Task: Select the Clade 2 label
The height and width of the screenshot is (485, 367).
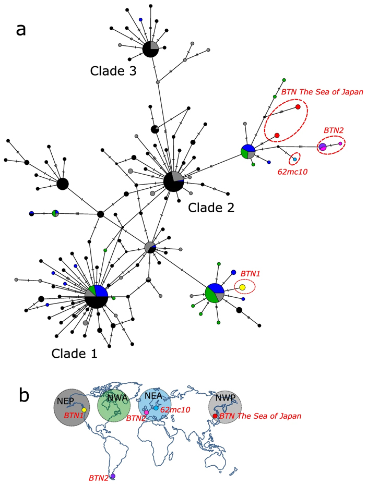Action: click(211, 208)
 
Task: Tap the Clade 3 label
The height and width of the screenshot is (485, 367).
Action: click(113, 71)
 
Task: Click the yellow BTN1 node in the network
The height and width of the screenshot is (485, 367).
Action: click(243, 287)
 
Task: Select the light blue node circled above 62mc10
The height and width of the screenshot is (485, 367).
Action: click(295, 159)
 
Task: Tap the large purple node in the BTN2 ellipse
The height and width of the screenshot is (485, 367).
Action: click(323, 147)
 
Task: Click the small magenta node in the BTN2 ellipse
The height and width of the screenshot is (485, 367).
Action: click(340, 143)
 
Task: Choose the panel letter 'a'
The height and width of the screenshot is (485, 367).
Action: click(21, 29)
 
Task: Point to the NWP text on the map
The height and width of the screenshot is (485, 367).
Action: click(226, 399)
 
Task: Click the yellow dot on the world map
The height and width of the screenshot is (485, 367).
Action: click(84, 410)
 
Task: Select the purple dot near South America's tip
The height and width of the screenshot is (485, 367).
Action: click(113, 476)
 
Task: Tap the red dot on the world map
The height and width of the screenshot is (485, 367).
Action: click(215, 416)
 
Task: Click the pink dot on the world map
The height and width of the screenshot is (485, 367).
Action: click(147, 413)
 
